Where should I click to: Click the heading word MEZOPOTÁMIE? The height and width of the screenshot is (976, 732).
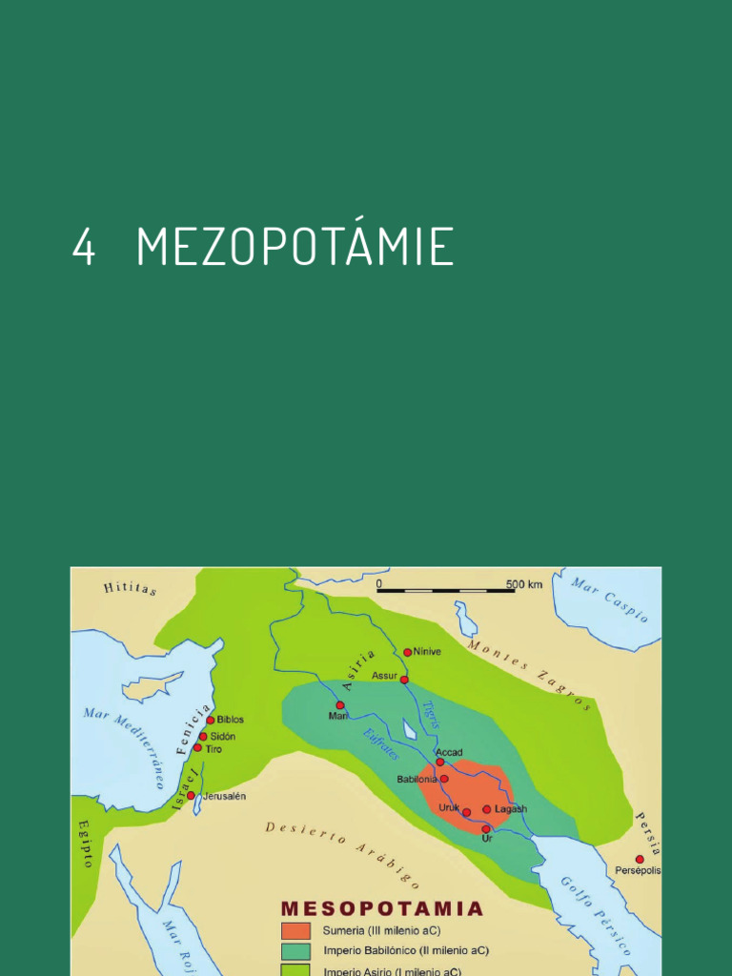point(295,247)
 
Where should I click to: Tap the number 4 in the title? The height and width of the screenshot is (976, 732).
point(84,248)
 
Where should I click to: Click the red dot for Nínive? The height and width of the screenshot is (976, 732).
point(408,653)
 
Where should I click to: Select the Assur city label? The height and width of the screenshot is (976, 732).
point(384,675)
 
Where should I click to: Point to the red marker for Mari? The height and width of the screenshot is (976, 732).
point(340,704)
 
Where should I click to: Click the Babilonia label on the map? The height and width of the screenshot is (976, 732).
point(417,780)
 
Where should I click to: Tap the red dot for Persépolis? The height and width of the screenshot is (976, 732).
point(640,859)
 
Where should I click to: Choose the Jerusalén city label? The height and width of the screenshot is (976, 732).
point(225,796)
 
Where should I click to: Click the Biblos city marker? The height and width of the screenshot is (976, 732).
point(211,720)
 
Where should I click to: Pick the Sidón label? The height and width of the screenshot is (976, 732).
point(223,737)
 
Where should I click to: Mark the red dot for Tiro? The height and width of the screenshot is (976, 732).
point(197,748)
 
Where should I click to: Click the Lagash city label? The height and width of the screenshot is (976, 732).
point(511,809)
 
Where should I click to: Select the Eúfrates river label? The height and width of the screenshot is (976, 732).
point(380,744)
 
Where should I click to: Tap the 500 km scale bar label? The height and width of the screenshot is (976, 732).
point(523,584)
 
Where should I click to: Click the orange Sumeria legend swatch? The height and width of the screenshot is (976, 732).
point(295,931)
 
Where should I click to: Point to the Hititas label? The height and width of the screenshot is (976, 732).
point(130,588)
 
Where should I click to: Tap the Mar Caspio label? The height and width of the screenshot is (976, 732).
point(610,599)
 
